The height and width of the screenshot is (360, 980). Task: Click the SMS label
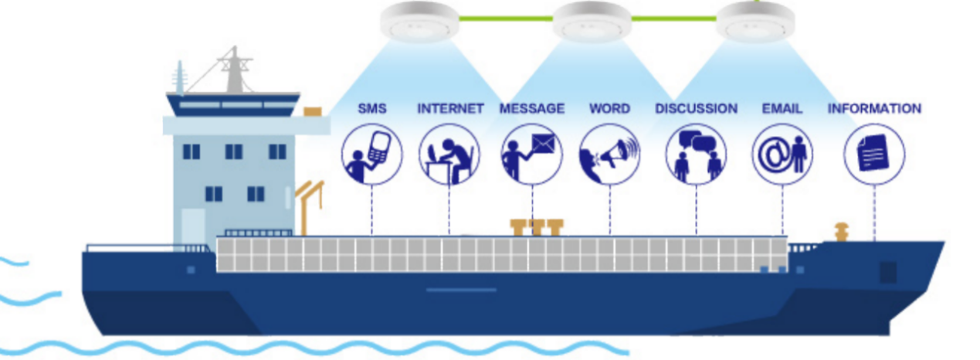click(x=371, y=109)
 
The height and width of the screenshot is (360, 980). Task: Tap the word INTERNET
click(x=450, y=109)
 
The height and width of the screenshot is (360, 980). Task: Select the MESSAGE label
click(x=532, y=109)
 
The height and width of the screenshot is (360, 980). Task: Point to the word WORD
click(x=609, y=109)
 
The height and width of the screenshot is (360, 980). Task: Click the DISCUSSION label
click(x=696, y=109)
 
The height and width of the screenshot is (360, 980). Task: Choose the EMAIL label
click(x=782, y=109)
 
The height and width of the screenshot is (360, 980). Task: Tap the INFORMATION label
click(x=874, y=109)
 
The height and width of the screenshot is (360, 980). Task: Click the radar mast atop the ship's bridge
click(x=231, y=70)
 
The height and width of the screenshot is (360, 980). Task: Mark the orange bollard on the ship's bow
click(x=841, y=230)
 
